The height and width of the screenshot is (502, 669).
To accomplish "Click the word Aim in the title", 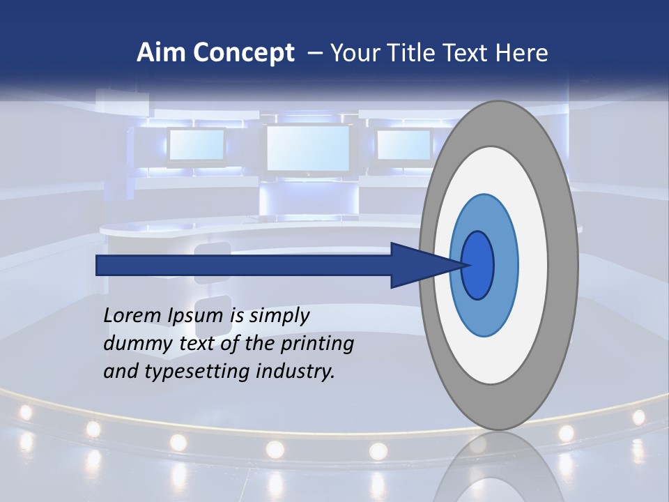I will click(x=156, y=53).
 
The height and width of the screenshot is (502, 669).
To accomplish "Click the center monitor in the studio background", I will click(x=308, y=149).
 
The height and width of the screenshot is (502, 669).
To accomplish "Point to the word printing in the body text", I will click(x=317, y=344).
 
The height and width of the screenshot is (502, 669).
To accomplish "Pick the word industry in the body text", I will click(x=295, y=372).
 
